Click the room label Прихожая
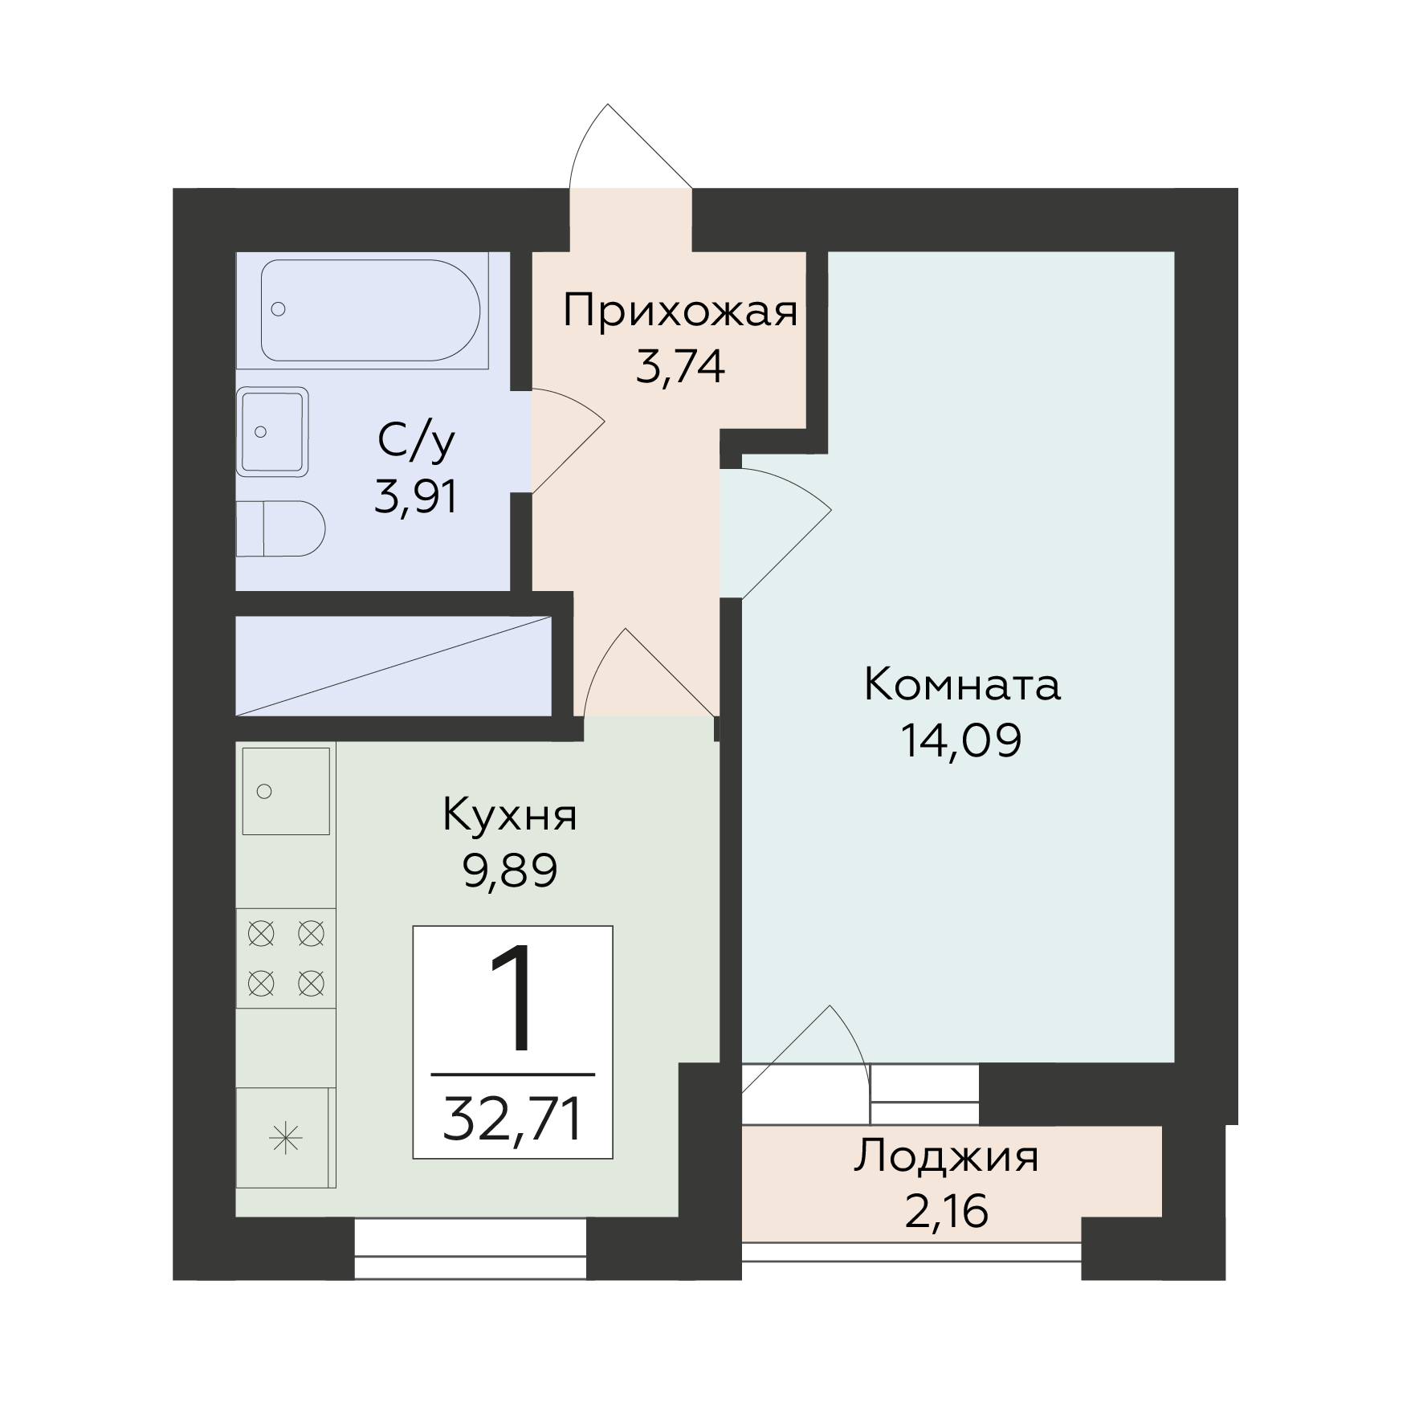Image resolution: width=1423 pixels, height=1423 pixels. [681, 312]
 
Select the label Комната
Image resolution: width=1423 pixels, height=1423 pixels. [962, 686]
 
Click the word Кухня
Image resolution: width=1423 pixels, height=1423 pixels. [510, 815]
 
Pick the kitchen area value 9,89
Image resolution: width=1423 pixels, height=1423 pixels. [510, 870]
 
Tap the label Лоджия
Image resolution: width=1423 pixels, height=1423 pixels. [946, 1158]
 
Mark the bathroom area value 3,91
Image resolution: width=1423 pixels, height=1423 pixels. [416, 496]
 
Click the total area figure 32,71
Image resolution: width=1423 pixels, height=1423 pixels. [512, 1120]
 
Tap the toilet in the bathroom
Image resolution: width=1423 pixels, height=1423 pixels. [280, 529]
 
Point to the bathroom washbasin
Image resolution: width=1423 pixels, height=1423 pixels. [273, 432]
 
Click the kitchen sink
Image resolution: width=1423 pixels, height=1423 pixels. [286, 791]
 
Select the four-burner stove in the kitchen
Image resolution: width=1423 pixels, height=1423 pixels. [286, 957]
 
